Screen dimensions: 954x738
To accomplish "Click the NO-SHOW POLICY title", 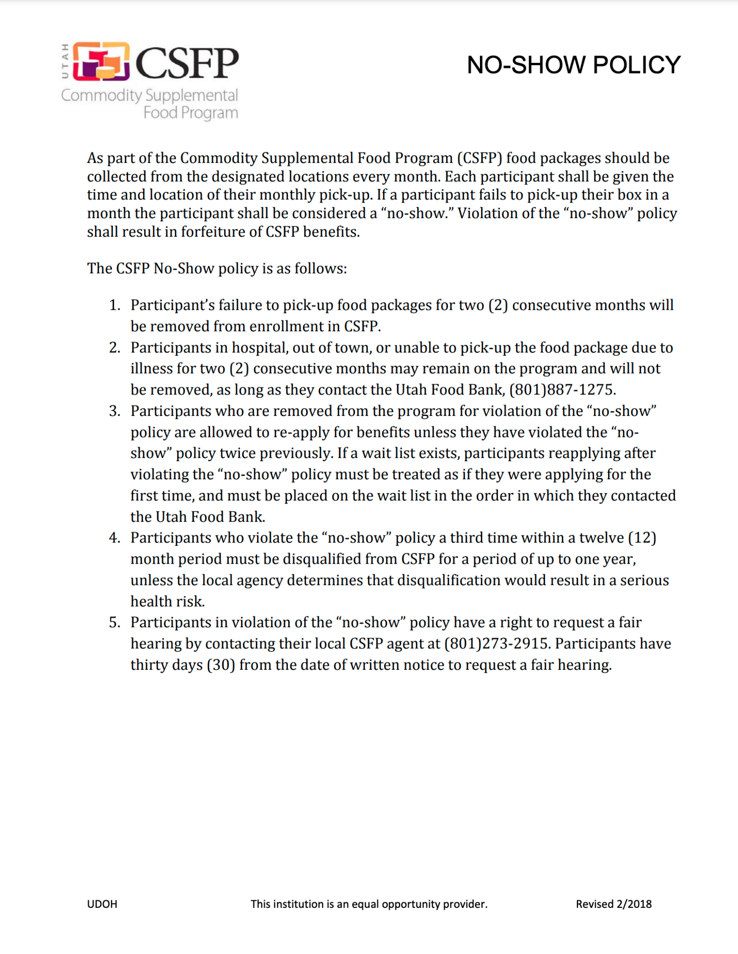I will pos(574,65).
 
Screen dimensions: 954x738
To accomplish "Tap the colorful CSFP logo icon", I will pos(101,61).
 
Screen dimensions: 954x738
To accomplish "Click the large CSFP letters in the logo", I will pos(187,63).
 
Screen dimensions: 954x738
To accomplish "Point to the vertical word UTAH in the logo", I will pos(65,61).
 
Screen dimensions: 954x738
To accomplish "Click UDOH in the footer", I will pos(102,904).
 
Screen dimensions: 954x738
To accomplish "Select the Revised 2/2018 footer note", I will pos(614,904).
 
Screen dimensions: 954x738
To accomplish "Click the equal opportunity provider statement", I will pos(369,904).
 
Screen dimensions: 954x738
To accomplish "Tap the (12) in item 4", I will pos(642,538).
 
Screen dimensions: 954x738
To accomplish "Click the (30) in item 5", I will pos(221,665).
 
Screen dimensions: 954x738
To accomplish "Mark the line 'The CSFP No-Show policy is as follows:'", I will pos(217,269).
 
